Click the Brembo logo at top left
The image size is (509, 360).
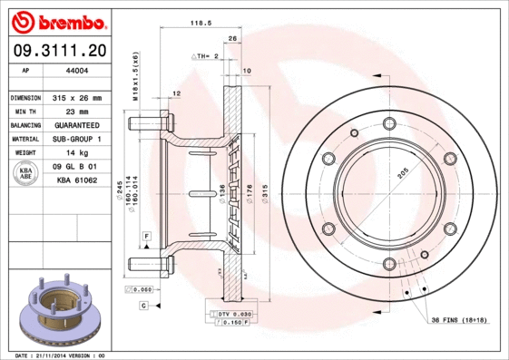tap(59, 21)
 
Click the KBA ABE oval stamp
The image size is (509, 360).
tap(27, 172)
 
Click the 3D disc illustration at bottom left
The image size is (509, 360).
tap(59, 309)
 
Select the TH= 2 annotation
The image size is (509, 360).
tap(208, 56)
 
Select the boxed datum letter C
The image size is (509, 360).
tap(143, 306)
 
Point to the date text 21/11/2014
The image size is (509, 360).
tap(50, 355)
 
